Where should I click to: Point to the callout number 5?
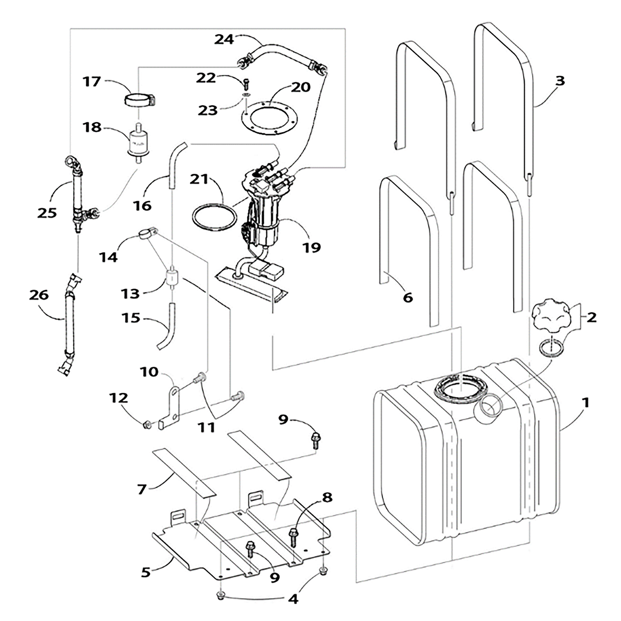coord(146,572)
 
